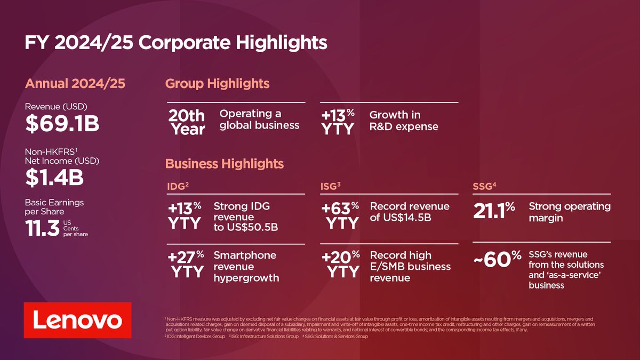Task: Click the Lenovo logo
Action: (x=77, y=320)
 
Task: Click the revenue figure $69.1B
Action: (x=62, y=124)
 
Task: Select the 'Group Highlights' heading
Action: (x=217, y=84)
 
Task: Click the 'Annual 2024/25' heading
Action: (x=75, y=84)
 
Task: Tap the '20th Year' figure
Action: (x=186, y=122)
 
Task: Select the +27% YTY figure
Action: (x=186, y=264)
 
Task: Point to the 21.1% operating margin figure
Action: (x=493, y=211)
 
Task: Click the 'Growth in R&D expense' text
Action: (x=404, y=121)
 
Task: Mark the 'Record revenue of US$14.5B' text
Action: (x=410, y=212)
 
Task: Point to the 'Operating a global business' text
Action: (x=259, y=119)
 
